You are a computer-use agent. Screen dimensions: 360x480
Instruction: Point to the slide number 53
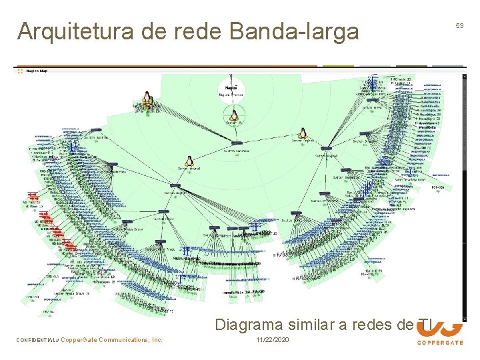(x=459, y=25)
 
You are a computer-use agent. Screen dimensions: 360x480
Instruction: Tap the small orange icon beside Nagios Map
(x=21, y=71)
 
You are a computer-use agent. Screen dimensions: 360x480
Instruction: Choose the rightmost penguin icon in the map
(x=303, y=134)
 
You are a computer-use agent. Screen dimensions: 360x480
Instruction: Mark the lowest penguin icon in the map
(x=189, y=161)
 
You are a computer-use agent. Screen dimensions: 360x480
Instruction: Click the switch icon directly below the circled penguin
(x=235, y=143)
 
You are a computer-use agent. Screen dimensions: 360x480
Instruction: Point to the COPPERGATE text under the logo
(x=441, y=343)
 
